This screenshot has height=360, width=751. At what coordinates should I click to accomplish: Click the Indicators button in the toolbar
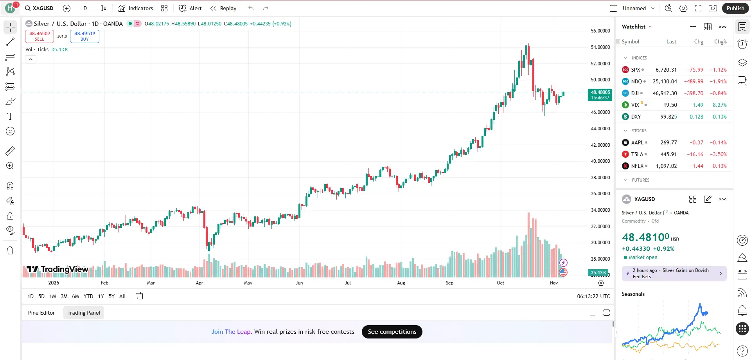pyautogui.click(x=136, y=8)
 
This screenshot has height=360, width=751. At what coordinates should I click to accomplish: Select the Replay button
pyautogui.click(x=223, y=8)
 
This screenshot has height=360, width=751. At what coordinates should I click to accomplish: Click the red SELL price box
pyautogui.click(x=40, y=36)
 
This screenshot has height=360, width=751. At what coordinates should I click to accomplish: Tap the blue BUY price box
pyautogui.click(x=84, y=36)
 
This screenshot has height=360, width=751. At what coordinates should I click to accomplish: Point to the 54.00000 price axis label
pyautogui.click(x=600, y=47)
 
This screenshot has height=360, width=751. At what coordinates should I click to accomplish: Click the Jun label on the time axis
pyautogui.click(x=299, y=283)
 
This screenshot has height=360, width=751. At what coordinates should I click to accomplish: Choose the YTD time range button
pyautogui.click(x=88, y=296)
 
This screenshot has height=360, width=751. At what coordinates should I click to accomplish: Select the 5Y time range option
pyautogui.click(x=111, y=296)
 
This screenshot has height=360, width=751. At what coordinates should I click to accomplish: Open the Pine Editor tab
pyautogui.click(x=41, y=313)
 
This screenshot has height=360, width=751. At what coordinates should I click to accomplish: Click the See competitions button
pyautogui.click(x=392, y=332)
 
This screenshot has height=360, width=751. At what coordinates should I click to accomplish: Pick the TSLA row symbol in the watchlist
pyautogui.click(x=637, y=154)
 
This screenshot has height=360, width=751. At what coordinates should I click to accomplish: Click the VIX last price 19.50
pyautogui.click(x=670, y=105)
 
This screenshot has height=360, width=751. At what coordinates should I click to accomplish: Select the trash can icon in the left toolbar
pyautogui.click(x=10, y=250)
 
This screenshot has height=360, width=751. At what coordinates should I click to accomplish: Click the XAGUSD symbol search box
pyautogui.click(x=40, y=8)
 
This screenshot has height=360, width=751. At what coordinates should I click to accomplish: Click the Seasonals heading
pyautogui.click(x=633, y=294)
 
